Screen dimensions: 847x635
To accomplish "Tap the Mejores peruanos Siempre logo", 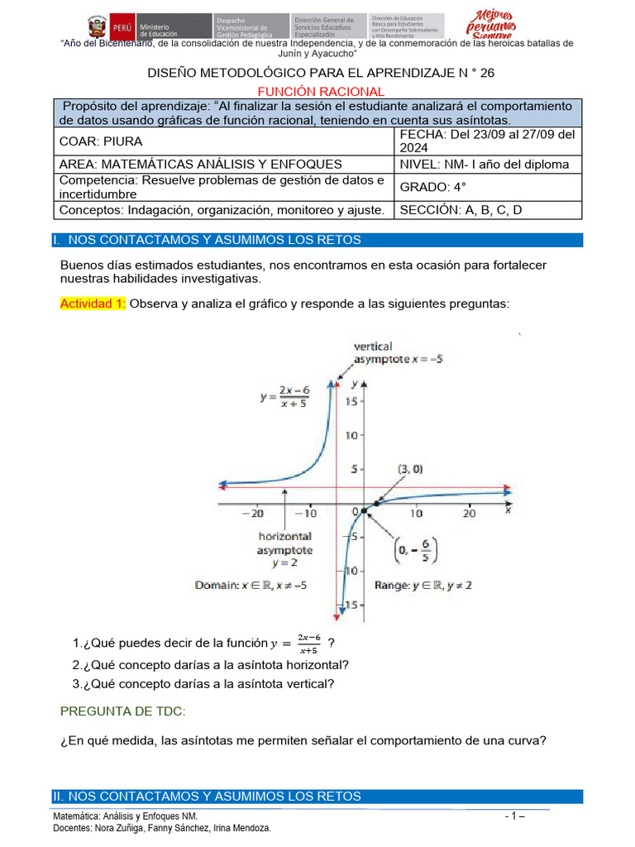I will click(x=495, y=25).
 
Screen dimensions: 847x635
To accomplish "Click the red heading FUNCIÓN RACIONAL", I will click(x=320, y=91).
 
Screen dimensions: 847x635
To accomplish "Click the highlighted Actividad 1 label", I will click(x=93, y=304).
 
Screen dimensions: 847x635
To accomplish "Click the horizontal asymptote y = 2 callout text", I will click(x=284, y=548).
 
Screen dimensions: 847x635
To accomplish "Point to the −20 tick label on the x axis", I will click(x=253, y=514).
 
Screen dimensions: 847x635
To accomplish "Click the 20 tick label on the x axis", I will click(x=468, y=514).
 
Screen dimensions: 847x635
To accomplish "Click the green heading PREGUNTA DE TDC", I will click(x=123, y=711).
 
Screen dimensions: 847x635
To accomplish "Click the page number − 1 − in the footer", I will click(x=515, y=816).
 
